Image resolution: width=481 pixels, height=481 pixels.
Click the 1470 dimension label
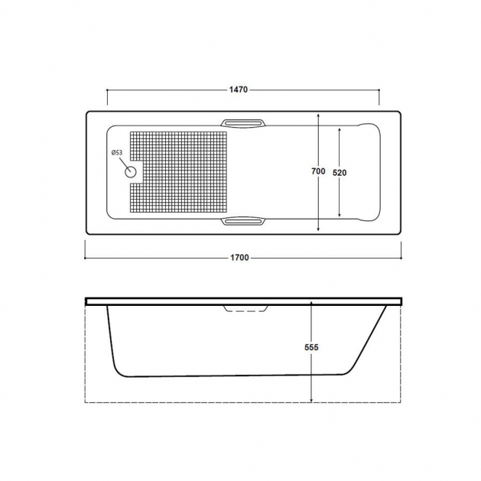click(x=239, y=89)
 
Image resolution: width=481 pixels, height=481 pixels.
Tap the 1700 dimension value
click(x=239, y=258)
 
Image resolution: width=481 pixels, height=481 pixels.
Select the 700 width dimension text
click(x=318, y=171)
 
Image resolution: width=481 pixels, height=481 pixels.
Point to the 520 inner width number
click(x=340, y=173)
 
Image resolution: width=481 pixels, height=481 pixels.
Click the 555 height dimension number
click(x=311, y=347)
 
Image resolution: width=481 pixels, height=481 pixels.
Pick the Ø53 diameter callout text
click(x=117, y=152)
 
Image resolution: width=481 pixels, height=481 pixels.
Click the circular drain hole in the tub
click(x=130, y=172)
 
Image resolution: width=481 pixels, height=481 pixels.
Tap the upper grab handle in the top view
click(x=243, y=122)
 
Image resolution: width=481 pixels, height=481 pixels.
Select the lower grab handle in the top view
click(x=243, y=221)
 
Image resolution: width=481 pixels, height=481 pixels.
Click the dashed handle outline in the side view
click(x=245, y=309)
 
